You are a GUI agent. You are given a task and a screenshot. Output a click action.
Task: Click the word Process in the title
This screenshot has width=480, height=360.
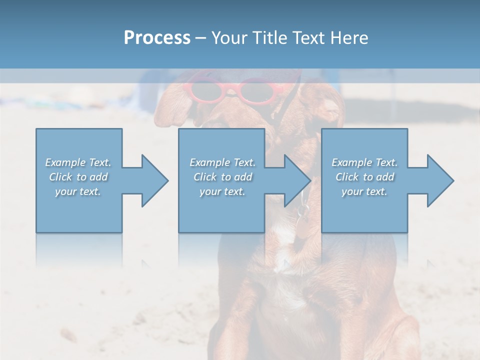[157, 38]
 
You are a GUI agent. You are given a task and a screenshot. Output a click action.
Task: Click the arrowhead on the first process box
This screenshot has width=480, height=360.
[153, 180]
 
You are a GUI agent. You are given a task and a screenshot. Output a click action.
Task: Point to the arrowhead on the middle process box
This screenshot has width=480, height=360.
[296, 180]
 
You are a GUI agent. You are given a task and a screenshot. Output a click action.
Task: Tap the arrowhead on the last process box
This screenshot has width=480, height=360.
[439, 180]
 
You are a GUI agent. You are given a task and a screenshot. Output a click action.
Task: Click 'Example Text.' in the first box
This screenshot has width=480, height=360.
[78, 162]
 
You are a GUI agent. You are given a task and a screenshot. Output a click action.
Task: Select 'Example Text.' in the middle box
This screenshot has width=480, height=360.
[222, 162]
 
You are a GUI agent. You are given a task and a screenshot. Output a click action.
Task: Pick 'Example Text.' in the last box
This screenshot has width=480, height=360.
[364, 162]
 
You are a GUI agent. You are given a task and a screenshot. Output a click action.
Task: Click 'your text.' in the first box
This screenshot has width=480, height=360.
[78, 191]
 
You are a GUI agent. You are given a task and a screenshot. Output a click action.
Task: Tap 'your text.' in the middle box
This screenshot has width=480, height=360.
[222, 191]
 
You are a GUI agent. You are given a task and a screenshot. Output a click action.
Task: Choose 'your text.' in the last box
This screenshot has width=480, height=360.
[364, 191]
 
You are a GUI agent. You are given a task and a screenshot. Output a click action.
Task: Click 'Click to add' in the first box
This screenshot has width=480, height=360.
[78, 177]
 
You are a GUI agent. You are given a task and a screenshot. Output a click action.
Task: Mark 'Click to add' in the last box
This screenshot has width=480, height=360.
[364, 177]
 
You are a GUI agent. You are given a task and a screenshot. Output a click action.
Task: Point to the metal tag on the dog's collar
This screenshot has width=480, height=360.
[301, 212]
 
